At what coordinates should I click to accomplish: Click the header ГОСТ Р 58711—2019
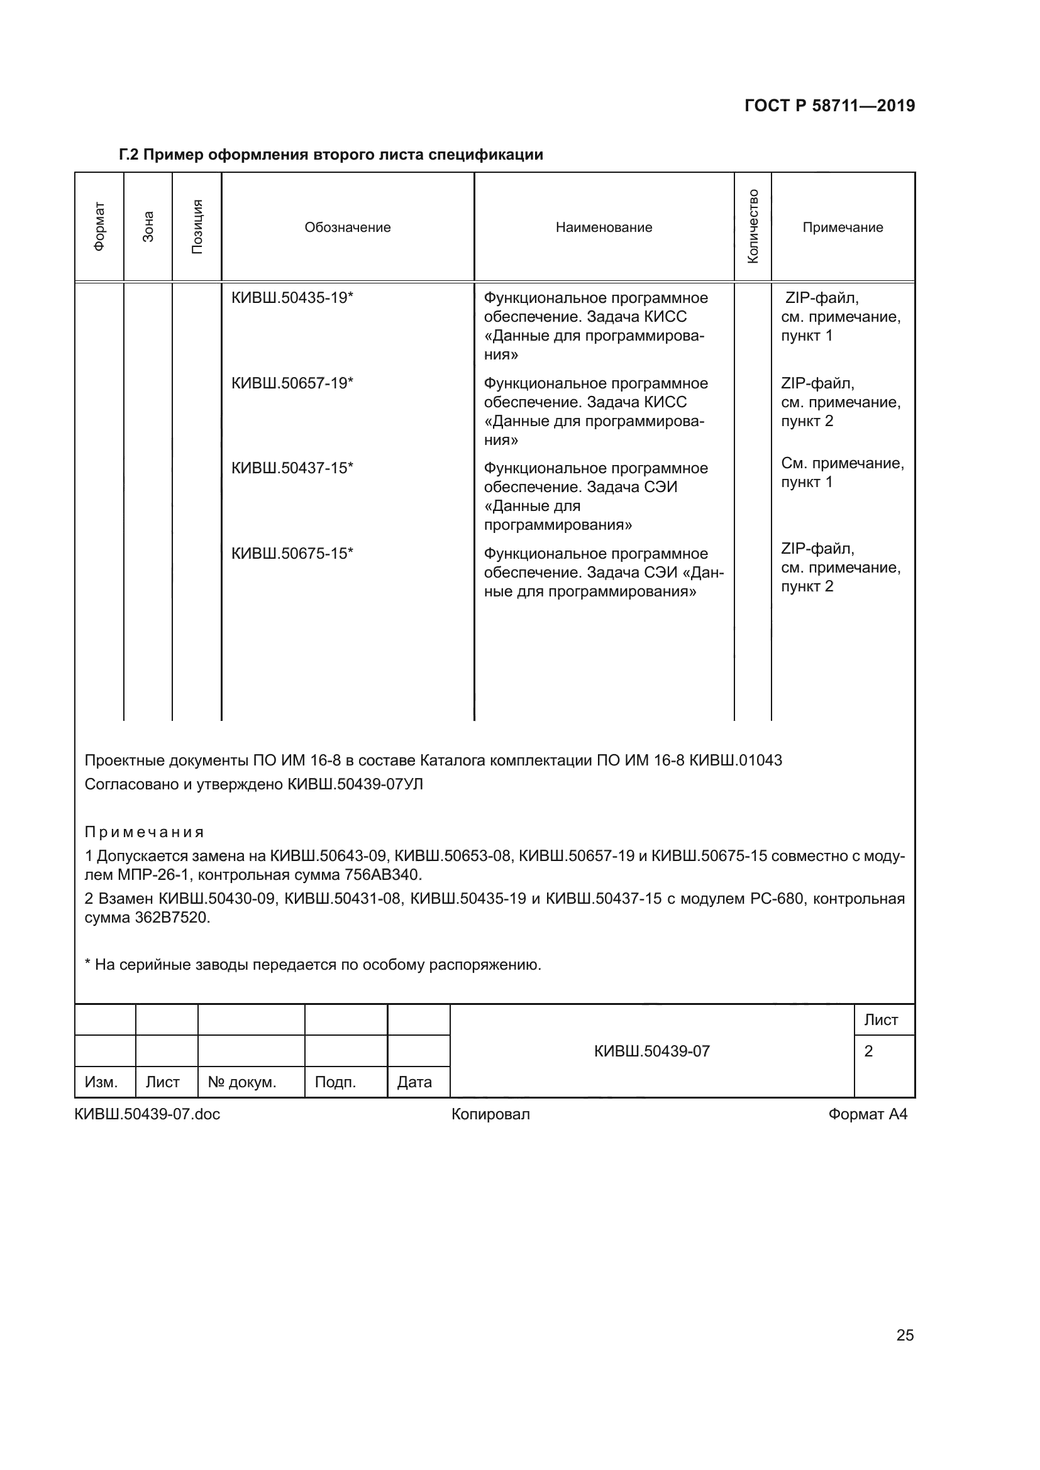tap(829, 106)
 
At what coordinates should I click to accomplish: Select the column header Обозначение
tap(347, 228)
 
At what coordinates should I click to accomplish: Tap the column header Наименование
tap(603, 228)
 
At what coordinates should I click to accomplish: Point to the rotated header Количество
tap(753, 227)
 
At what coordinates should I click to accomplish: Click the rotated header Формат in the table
tap(99, 227)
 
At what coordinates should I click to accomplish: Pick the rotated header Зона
tap(148, 227)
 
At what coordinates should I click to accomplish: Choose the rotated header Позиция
tap(197, 227)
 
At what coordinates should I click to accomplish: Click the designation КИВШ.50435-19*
tap(292, 298)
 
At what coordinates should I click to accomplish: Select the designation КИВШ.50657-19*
tap(292, 383)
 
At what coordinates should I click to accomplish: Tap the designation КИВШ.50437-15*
tap(292, 468)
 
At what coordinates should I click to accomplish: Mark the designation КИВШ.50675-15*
tap(292, 553)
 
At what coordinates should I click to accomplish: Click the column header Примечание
tap(842, 228)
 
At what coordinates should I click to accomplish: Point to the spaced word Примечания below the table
tap(144, 832)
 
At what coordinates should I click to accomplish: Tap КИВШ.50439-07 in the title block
tap(651, 1051)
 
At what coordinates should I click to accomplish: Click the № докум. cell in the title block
tap(241, 1082)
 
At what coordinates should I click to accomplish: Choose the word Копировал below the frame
tap(490, 1114)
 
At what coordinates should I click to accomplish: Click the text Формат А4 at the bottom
tap(867, 1114)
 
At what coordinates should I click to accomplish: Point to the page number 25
tap(904, 1336)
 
